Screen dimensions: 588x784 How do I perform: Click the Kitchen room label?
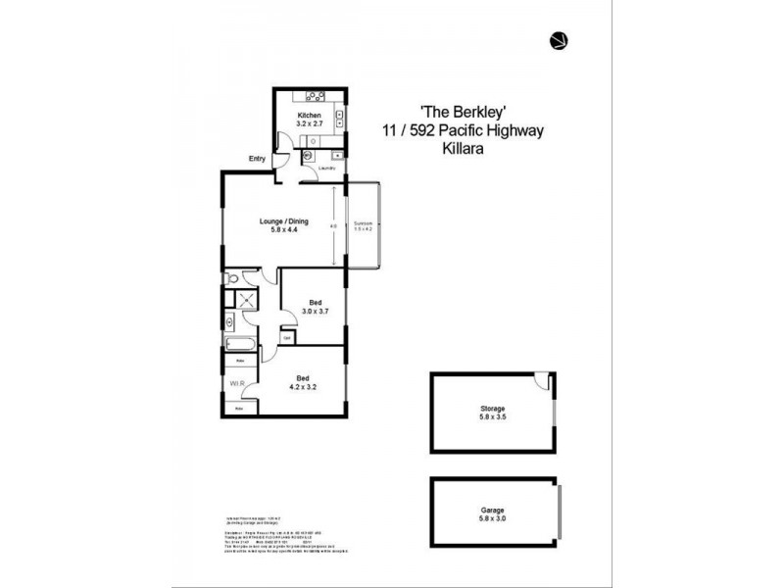point(310,115)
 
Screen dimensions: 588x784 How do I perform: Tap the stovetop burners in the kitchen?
point(316,96)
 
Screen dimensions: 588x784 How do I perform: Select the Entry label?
point(258,159)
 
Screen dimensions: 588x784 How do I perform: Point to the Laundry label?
point(327,169)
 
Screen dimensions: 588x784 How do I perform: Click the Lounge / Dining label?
point(283,220)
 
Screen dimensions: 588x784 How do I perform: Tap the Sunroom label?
point(364,221)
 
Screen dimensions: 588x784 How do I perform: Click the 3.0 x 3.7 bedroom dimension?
point(316,311)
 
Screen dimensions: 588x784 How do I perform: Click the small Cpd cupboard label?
point(287,338)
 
